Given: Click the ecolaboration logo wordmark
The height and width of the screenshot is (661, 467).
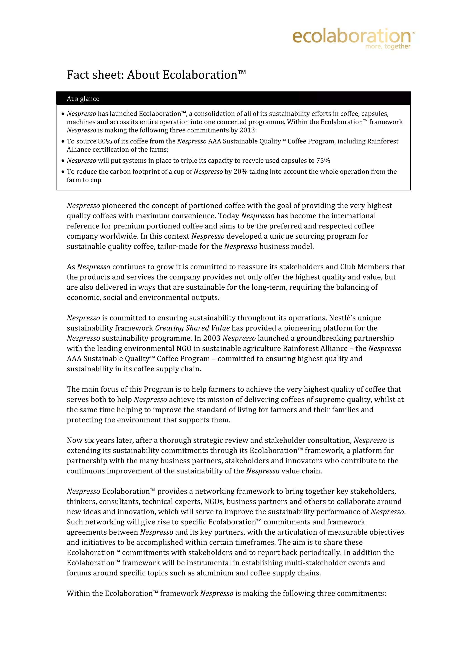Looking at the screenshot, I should [352, 36].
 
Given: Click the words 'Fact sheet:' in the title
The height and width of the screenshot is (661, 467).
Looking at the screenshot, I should [96, 75].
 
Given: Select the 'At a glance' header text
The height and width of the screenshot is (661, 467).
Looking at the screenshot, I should [83, 99].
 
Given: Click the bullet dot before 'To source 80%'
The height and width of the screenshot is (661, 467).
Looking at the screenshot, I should [63, 141].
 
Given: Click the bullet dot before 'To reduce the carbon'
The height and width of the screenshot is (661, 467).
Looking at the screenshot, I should [63, 172].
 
